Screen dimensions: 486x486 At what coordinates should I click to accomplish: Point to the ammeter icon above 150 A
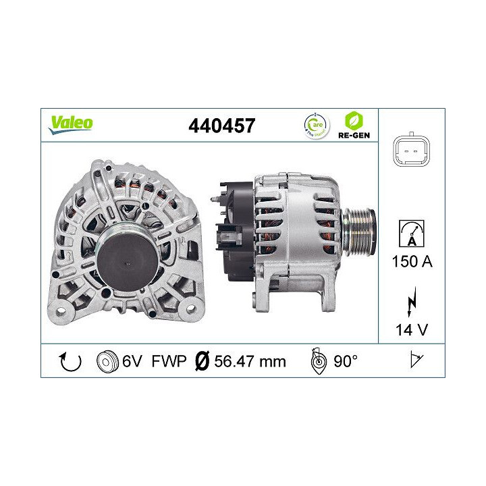pyautogui.click(x=411, y=234)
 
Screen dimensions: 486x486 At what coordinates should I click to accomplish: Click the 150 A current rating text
pyautogui.click(x=411, y=262)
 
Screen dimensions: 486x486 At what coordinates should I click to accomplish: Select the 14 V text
pyautogui.click(x=411, y=331)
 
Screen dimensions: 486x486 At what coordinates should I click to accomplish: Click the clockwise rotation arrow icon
pyautogui.click(x=70, y=362)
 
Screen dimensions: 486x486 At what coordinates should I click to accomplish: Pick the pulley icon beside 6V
pyautogui.click(x=107, y=362)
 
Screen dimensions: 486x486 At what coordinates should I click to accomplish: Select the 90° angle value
pyautogui.click(x=344, y=362)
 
